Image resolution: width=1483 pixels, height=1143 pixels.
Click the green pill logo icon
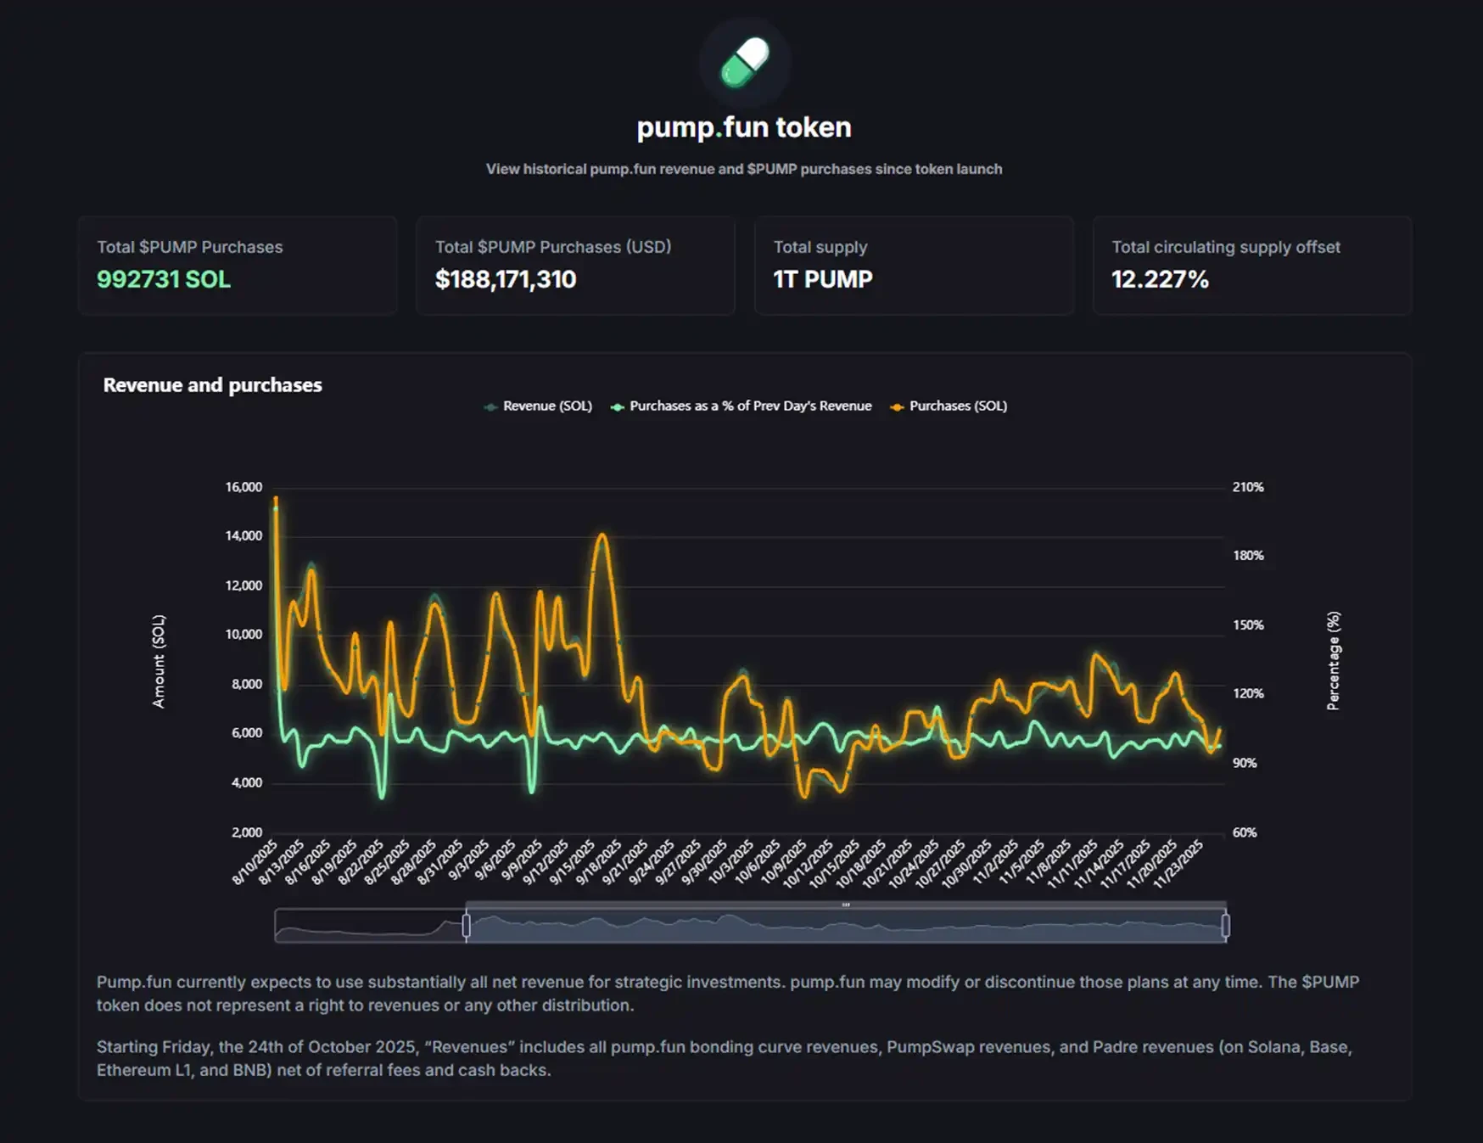744,62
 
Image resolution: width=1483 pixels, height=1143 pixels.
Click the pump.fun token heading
744,127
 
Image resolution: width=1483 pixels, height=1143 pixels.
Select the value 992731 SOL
164,279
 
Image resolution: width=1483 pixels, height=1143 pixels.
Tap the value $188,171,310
506,279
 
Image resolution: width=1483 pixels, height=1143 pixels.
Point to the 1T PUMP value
822,279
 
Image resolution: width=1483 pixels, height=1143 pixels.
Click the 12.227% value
1160,279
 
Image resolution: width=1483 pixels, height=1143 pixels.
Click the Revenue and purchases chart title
212,385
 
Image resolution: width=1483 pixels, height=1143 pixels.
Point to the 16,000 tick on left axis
243,487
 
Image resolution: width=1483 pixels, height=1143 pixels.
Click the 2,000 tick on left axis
247,832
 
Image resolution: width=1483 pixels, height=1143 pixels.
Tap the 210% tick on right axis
1248,487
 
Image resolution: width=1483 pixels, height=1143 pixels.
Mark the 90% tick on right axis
1245,763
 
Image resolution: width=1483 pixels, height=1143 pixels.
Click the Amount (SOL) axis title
159,661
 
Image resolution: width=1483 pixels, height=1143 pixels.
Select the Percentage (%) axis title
1333,661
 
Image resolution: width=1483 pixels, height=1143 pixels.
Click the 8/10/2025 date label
255,861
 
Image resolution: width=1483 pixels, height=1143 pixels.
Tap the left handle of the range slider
466,926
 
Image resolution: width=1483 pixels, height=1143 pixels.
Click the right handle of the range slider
1225,926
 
